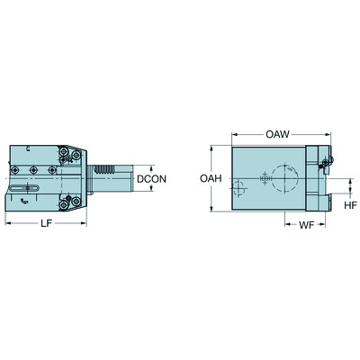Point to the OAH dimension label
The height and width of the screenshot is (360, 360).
(208, 179)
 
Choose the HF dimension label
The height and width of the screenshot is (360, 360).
(350, 205)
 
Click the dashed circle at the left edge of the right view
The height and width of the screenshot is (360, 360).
(236, 190)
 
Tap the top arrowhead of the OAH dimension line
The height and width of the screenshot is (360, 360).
(213, 148)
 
